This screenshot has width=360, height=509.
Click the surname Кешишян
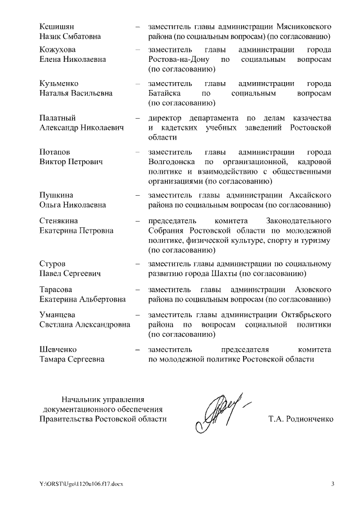click(57, 26)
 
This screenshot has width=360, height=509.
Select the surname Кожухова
click(58, 49)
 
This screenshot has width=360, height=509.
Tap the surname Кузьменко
click(60, 83)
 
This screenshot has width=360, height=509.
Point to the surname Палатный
click(57, 118)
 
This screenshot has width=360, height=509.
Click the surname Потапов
click(55, 152)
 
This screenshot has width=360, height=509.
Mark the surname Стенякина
click(61, 220)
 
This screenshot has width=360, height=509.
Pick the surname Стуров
click(52, 264)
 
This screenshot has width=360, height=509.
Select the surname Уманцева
click(58, 314)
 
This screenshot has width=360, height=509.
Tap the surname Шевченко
click(58, 349)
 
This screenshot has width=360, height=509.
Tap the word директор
click(166, 118)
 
